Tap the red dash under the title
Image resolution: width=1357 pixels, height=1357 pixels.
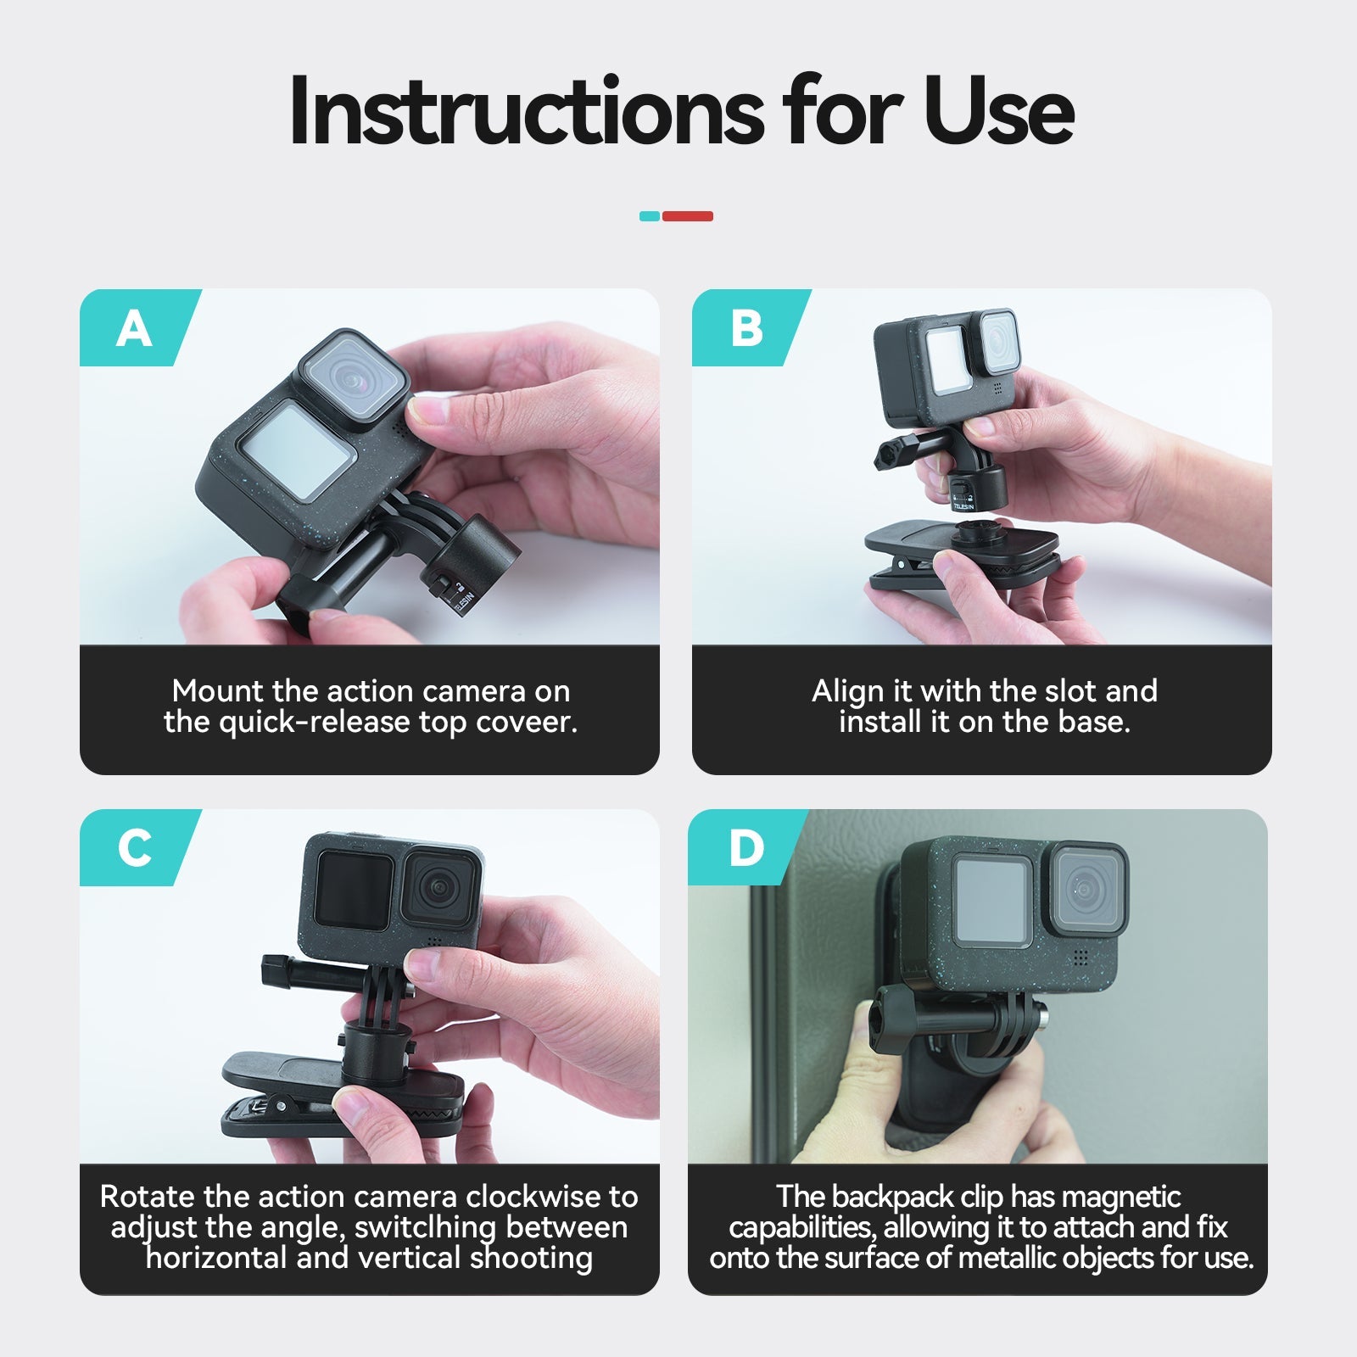pyautogui.click(x=687, y=216)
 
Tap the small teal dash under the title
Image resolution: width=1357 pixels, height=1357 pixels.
pyautogui.click(x=649, y=216)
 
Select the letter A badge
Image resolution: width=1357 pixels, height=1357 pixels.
pyautogui.click(x=134, y=328)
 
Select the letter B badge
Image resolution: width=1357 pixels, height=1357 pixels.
pyautogui.click(x=746, y=328)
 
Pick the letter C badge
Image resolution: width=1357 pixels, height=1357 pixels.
pyautogui.click(x=134, y=847)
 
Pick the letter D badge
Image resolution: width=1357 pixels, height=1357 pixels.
pyautogui.click(x=746, y=847)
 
